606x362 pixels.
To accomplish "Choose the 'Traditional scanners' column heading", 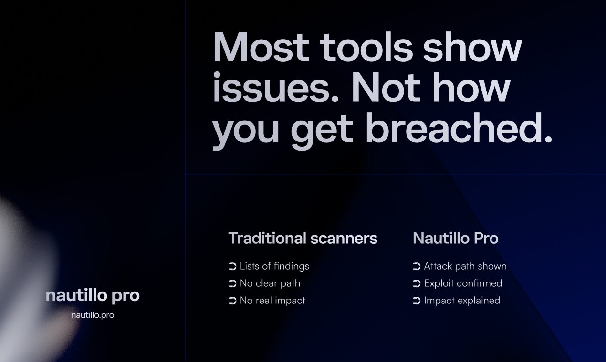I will (x=303, y=238).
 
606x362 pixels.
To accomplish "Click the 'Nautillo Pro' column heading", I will (x=455, y=238).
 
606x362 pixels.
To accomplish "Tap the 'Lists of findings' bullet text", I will (x=274, y=266).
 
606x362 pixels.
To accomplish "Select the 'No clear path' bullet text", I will (x=270, y=283).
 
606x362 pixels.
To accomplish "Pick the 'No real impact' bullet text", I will (x=272, y=301).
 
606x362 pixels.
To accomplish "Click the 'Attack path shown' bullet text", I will (x=465, y=266).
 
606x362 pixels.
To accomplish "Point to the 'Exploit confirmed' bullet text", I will (x=463, y=283).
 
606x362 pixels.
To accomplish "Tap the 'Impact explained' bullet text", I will (x=462, y=301).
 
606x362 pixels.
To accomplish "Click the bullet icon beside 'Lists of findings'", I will (x=232, y=266).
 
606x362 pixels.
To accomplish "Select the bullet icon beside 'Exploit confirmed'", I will (x=417, y=283).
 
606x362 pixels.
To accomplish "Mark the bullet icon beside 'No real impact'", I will (x=232, y=301).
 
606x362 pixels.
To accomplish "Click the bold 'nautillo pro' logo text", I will (x=93, y=295).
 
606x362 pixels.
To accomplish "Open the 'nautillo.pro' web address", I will (x=93, y=315).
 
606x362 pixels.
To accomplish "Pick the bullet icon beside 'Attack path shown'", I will (x=417, y=266).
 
